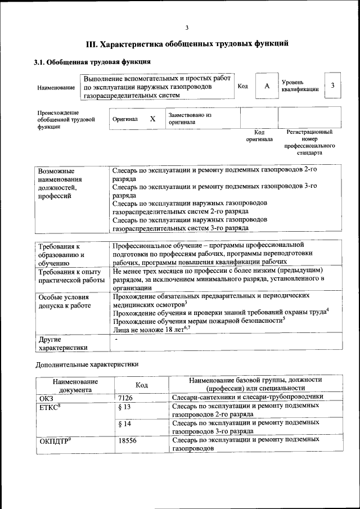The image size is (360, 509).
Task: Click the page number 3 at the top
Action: tap(187, 29)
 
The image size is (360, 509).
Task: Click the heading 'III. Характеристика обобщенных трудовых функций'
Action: tap(187, 44)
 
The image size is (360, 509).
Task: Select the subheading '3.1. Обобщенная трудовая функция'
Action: tap(92, 62)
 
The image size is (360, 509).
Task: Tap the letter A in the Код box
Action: tap(267, 85)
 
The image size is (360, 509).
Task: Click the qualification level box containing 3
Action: tap(333, 85)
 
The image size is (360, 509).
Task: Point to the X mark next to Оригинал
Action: tap(152, 119)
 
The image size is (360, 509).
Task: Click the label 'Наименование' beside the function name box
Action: tap(56, 88)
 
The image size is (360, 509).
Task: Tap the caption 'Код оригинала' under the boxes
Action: tap(259, 136)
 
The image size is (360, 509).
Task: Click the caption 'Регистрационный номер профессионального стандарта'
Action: tap(309, 142)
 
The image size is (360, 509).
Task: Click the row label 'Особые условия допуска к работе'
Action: tap(64, 301)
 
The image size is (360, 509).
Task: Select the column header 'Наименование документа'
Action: tap(75, 385)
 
